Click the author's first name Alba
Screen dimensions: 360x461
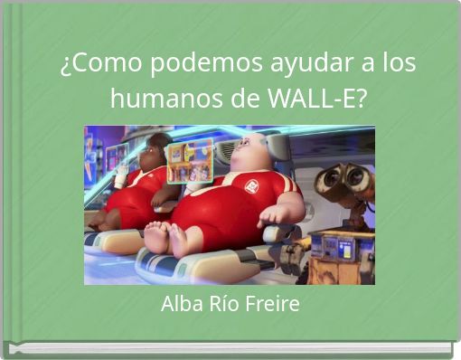[180, 305]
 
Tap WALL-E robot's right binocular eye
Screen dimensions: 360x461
[357, 177]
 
